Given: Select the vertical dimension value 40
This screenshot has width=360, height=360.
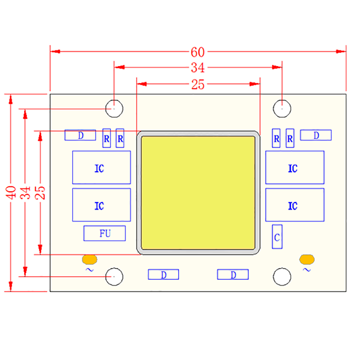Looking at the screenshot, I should click(x=11, y=192).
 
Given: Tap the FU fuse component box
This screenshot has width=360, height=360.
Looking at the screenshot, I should click(x=104, y=234).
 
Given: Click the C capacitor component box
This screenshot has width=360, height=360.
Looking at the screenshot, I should click(x=277, y=237).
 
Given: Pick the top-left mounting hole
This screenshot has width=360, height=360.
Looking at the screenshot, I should click(x=114, y=108).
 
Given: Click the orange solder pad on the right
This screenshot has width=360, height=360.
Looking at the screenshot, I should click(x=307, y=259).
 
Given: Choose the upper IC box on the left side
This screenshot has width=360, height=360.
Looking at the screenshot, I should click(x=101, y=167).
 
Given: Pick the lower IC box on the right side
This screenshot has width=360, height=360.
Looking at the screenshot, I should click(x=295, y=205).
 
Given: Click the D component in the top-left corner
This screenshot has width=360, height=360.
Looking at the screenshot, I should click(x=80, y=135).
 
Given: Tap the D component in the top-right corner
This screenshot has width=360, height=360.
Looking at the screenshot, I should click(x=316, y=135).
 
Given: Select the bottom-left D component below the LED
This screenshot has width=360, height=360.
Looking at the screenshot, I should click(x=163, y=274).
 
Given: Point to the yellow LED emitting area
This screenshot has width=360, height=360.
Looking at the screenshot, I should click(x=198, y=193).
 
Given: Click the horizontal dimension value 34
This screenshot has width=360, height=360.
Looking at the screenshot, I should click(x=198, y=68).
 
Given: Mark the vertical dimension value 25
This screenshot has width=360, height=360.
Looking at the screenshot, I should click(x=40, y=192).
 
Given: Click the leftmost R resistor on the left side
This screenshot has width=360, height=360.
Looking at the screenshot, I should click(x=107, y=139).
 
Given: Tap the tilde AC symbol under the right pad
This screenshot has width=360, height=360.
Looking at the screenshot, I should click(x=307, y=270).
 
